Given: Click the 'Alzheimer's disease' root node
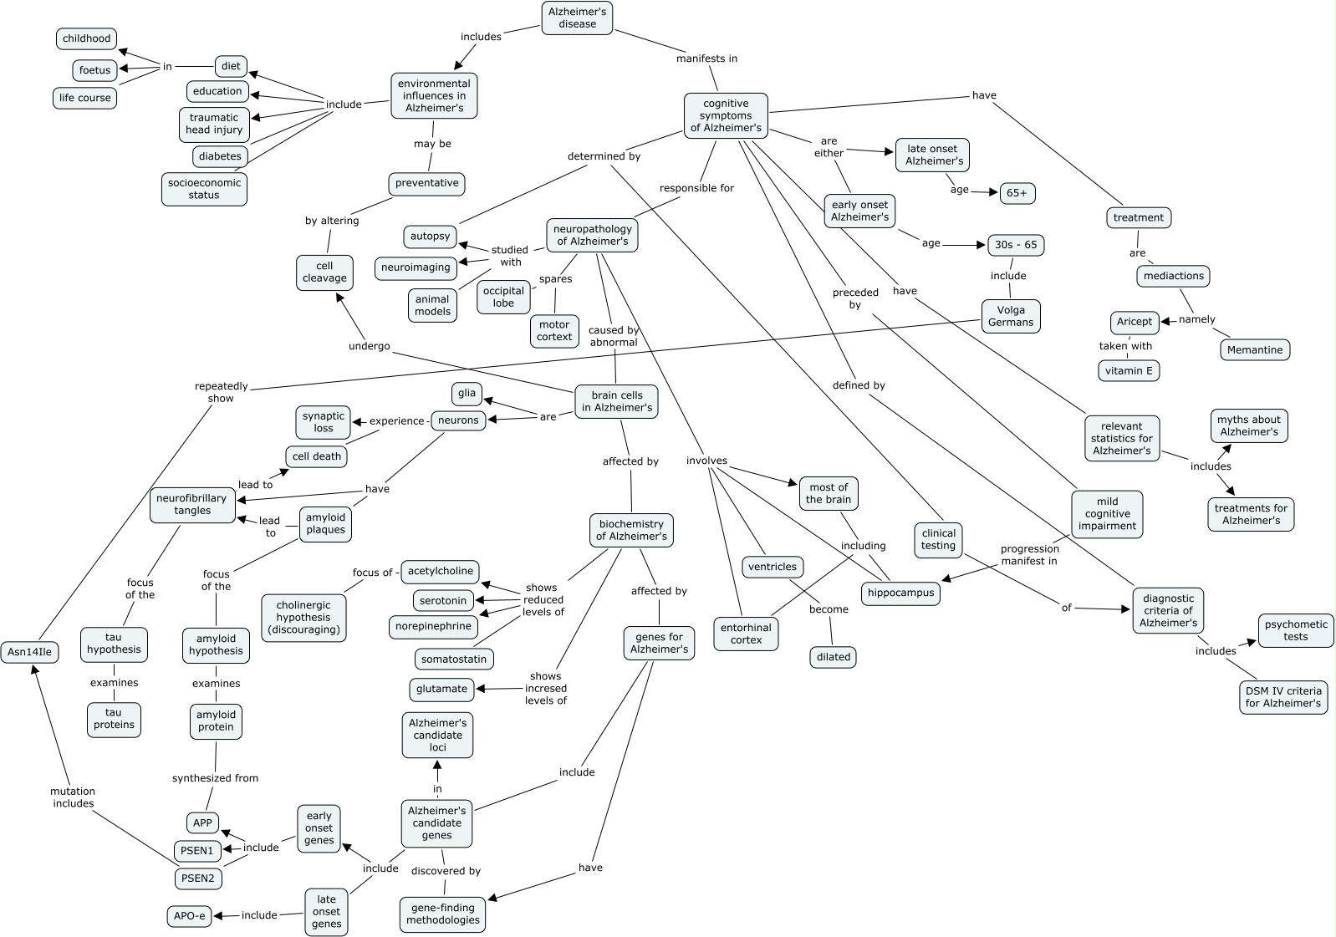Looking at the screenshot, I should tap(577, 18).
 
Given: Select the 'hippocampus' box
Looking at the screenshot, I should tap(900, 593).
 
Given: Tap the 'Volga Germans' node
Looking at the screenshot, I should tap(1010, 316).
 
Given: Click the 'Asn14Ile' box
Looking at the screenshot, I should tap(29, 652).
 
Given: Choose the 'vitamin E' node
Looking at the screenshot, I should tap(1129, 370).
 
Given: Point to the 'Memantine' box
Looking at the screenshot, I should tap(1255, 349).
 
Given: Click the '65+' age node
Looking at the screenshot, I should tap(1017, 193).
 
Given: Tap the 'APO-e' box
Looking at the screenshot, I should tap(189, 916).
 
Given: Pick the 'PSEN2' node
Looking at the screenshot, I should tap(198, 878).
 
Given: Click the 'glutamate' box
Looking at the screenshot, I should tap(441, 690).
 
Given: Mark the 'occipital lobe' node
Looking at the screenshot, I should tap(503, 297).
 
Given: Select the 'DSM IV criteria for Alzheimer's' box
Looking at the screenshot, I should tap(1282, 697).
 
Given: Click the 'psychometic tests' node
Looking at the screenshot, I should tap(1295, 630).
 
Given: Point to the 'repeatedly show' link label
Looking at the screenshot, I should tap(221, 392).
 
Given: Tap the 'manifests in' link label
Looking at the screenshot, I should tap(706, 59).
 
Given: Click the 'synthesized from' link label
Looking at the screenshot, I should tap(215, 777).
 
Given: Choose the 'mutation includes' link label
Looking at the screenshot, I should tap(74, 797).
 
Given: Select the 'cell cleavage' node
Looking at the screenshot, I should tap(324, 272).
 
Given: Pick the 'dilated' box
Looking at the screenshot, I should tap(833, 657).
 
